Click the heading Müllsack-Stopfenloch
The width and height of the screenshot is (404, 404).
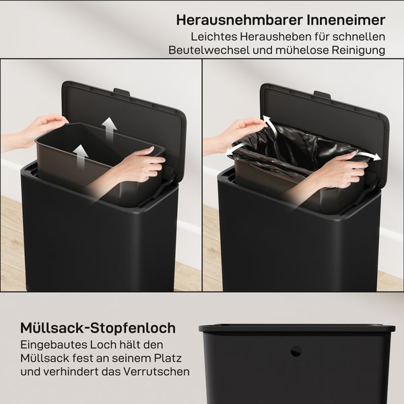[x=98, y=328]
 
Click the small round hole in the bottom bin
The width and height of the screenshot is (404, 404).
[x=296, y=351]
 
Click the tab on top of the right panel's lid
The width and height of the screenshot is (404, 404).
[x=322, y=94]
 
